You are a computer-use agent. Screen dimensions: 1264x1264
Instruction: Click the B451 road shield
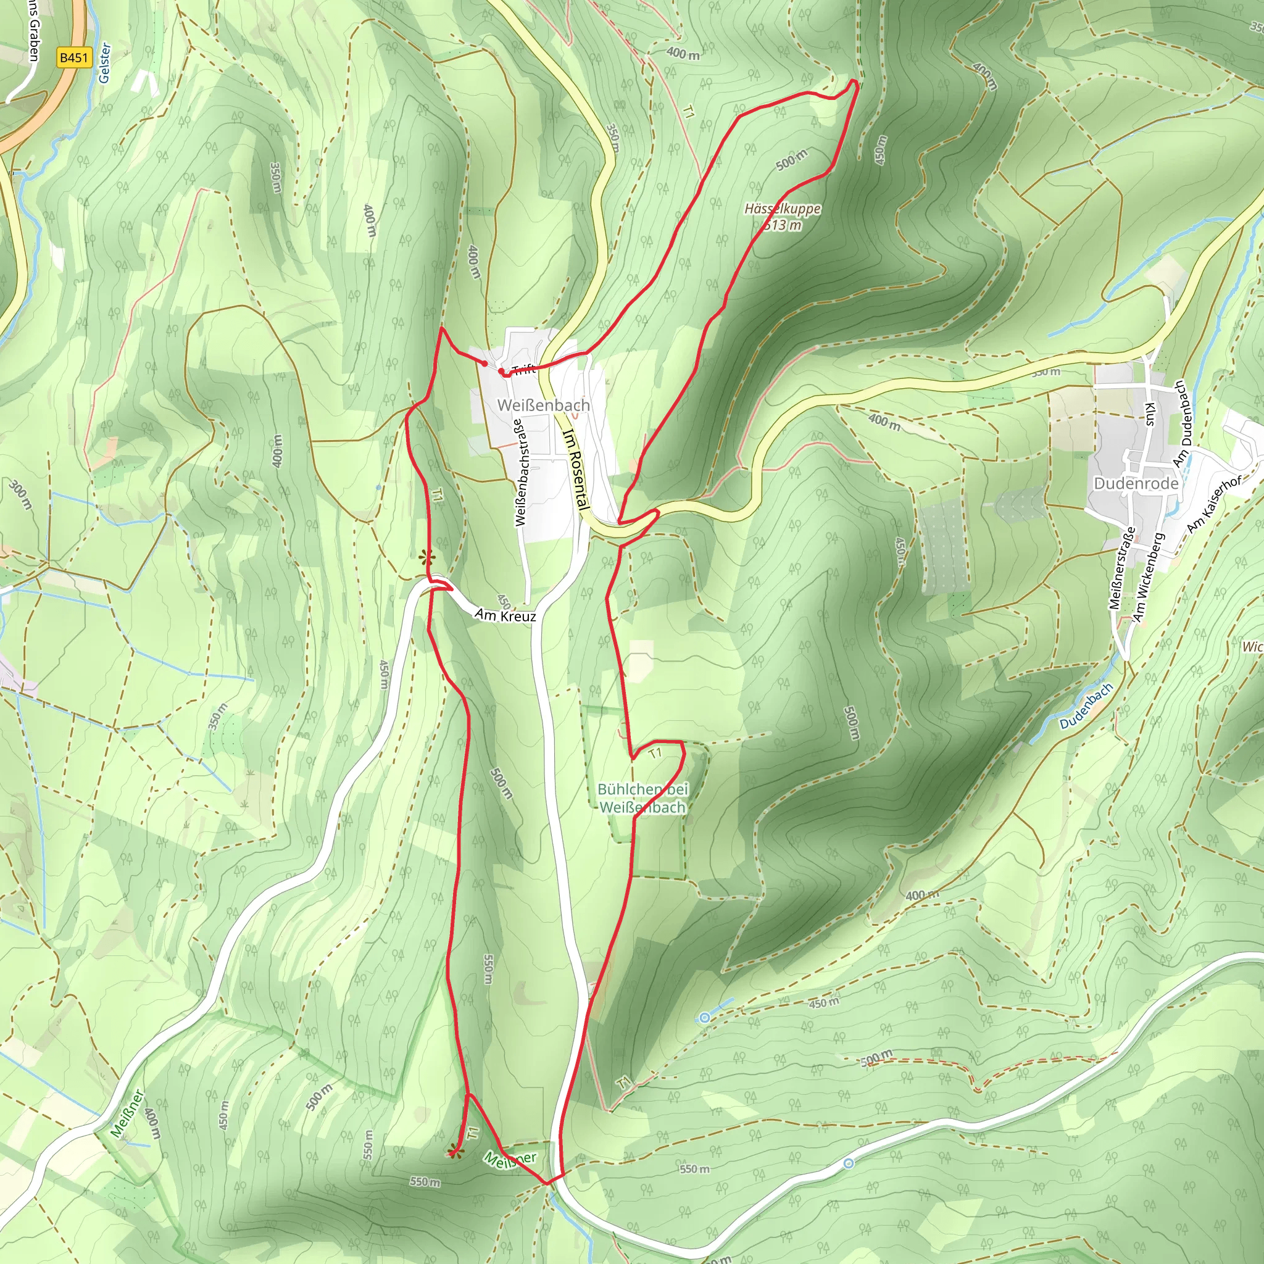pos(73,57)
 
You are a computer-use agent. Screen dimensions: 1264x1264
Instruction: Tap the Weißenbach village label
pos(543,405)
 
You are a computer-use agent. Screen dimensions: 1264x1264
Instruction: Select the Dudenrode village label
pos(1136,483)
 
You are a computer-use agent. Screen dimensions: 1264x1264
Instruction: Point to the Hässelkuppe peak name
pos(783,209)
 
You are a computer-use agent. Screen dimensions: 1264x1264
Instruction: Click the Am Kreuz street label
pos(505,615)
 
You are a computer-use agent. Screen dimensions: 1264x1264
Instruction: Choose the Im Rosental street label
pos(575,468)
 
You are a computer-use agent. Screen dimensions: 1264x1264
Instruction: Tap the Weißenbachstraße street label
pos(521,472)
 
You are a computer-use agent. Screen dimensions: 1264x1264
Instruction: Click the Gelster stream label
pos(105,63)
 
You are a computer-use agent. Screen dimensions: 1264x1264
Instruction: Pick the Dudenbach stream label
pos(1086,706)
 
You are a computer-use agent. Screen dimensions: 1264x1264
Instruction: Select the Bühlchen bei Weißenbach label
pos(642,798)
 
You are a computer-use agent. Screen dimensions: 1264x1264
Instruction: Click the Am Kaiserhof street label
pos(1214,504)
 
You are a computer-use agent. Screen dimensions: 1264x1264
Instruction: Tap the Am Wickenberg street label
pos(1148,577)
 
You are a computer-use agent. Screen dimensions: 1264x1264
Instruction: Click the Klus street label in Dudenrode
pos(1149,414)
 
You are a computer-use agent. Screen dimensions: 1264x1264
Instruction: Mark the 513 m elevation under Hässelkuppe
pos(783,226)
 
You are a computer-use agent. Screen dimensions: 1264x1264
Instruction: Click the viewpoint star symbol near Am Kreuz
pos(426,558)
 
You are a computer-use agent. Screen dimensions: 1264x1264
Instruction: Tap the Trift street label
pos(523,370)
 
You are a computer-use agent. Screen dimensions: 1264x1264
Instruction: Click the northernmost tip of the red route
pos(854,81)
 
